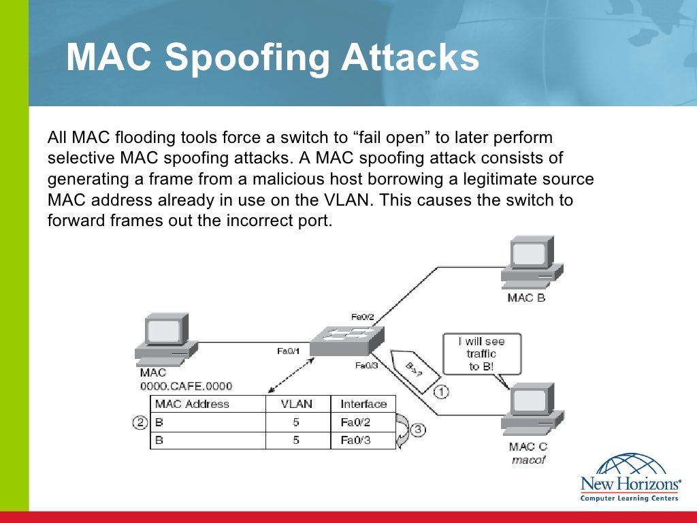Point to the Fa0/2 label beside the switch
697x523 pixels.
[x=363, y=317]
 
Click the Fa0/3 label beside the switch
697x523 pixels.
[x=366, y=366]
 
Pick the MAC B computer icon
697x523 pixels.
[x=531, y=262]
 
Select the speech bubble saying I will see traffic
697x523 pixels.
[x=482, y=353]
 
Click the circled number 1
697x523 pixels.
[x=442, y=392]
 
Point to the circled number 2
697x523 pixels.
[x=140, y=423]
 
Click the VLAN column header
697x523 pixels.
[x=297, y=404]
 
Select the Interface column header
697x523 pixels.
[x=363, y=404]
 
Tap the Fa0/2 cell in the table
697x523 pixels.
[x=355, y=422]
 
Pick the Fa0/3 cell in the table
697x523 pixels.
[x=355, y=440]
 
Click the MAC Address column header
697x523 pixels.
[x=192, y=404]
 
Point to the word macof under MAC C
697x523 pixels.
[x=529, y=460]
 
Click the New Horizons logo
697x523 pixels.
[x=630, y=477]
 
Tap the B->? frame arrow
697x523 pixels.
[x=414, y=370]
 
